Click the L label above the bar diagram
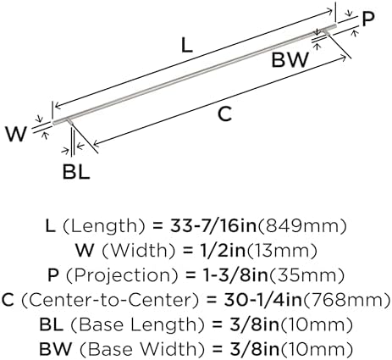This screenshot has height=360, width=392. pos(186,46)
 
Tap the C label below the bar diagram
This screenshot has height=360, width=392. pos(224,114)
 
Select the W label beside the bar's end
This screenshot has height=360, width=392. pos(16,135)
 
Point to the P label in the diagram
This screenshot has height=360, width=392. pos(368,19)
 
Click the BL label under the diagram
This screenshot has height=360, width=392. pos(76,172)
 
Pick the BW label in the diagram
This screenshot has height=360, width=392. pos(290,60)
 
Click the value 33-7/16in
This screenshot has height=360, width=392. pos(213,226)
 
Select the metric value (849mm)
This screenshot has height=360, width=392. pos(302,226)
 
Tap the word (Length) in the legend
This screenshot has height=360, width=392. pos(103,226)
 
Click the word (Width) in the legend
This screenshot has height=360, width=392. pos(139,251)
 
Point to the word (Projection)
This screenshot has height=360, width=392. pos(123,275)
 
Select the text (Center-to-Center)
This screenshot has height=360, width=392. pos(111,300)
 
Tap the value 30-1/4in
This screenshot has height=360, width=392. pos(262,300)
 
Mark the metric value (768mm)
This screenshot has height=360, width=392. pos(346,300)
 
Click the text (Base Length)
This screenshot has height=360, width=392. pos(137,324)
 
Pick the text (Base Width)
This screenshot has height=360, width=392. pos(141,349)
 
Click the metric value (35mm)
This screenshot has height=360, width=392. pos(306,275)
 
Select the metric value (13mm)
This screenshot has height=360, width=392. pos(282,251)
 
